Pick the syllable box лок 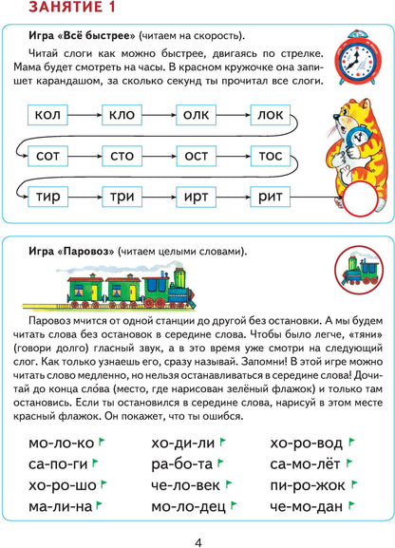click(x=278, y=116)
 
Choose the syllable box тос click(x=278, y=156)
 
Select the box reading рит click(x=278, y=197)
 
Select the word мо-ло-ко click(x=62, y=444)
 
